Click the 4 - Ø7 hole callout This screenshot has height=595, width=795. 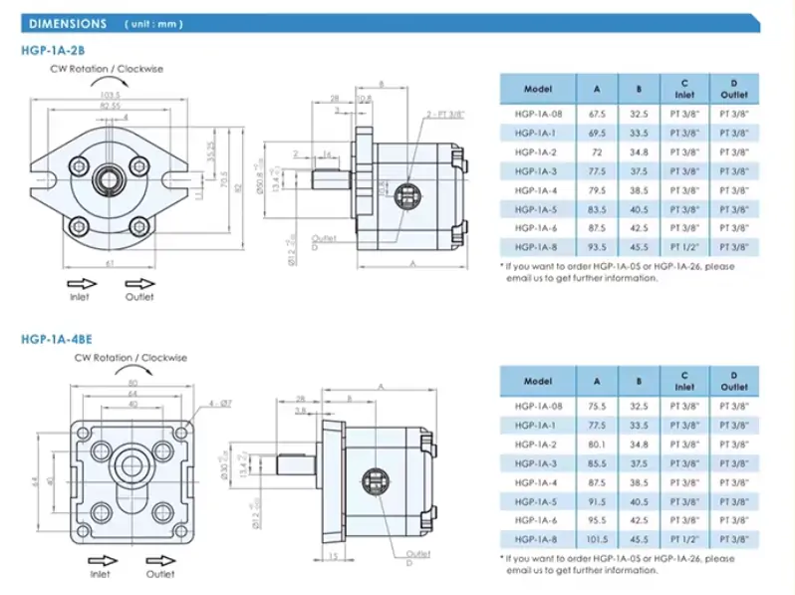point(220,405)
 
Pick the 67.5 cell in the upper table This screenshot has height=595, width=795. point(598,115)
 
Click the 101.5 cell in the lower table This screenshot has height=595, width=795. point(598,538)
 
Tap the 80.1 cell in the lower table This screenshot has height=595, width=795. point(598,444)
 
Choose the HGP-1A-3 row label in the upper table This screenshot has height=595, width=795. point(536,171)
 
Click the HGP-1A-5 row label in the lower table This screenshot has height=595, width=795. point(536,500)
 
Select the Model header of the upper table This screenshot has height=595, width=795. point(537,89)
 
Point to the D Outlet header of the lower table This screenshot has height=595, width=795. point(734,381)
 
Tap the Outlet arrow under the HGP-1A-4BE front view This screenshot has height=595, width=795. point(157,560)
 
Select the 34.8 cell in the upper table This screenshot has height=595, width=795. point(639,152)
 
